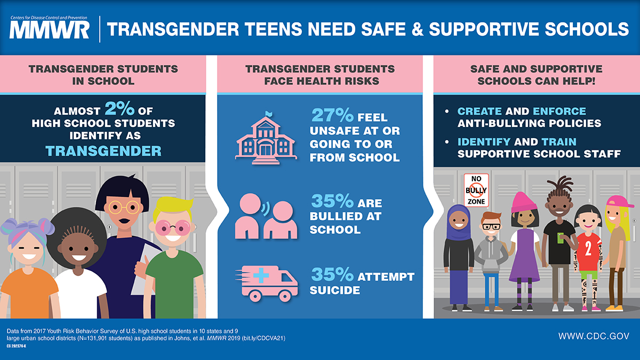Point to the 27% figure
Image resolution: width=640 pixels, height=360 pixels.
(331, 116)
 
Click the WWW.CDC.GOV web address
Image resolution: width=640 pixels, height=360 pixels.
(594, 336)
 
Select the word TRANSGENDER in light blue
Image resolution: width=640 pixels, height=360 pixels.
(103, 150)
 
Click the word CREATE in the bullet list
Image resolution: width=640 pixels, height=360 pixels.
(479, 111)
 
